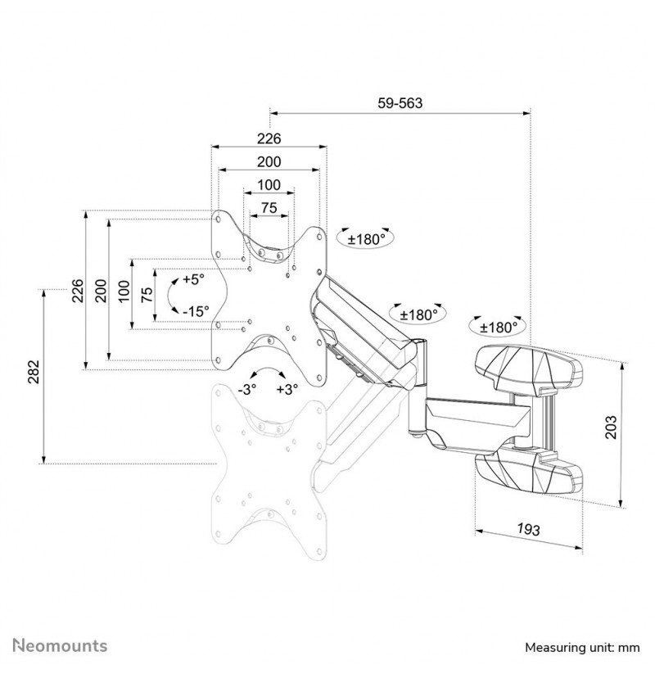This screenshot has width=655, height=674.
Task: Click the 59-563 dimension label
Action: coord(400,103)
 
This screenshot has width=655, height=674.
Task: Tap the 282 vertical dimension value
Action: coord(34,371)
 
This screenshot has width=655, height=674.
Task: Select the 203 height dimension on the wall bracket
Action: coord(610,427)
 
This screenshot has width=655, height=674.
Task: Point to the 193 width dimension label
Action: coord(528,529)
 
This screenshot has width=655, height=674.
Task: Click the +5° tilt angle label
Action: coord(194,279)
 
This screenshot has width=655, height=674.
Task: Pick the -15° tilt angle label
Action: coord(196,311)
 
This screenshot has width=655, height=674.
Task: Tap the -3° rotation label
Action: coord(247,390)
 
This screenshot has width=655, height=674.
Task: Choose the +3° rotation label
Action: coord(287,390)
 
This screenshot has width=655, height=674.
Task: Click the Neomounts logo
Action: coord(60,645)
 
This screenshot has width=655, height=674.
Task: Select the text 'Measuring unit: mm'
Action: coord(582,647)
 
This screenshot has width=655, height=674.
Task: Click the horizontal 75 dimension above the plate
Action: coord(269,208)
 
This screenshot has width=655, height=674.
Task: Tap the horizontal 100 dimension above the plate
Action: coord(269,185)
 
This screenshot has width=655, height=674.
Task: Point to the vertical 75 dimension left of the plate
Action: coord(147,295)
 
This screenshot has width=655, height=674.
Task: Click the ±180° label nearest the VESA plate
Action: coord(365,239)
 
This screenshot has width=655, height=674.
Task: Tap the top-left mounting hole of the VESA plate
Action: coord(219,219)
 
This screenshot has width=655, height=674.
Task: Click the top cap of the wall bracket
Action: coord(529,369)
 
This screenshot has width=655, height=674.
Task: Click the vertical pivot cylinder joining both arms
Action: coord(417,387)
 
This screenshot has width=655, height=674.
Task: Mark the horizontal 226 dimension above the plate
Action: coord(269,138)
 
